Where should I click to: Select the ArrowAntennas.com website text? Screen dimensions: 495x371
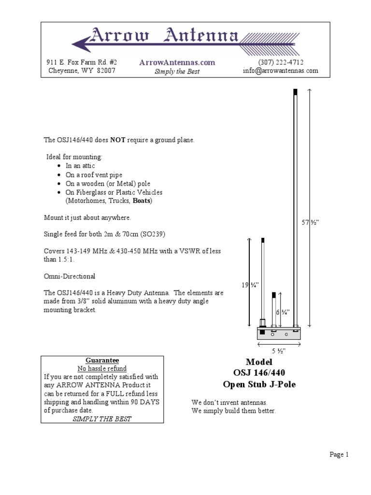pos(177,62)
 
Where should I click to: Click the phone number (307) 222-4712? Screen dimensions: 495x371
pos(281,62)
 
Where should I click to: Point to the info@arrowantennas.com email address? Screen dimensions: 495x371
pos(280,71)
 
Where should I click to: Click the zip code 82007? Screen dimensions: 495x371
pos(106,71)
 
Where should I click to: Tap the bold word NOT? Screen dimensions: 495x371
pos(118,140)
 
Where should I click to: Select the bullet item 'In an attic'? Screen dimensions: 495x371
pos(81,166)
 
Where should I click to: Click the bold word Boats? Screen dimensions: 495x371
pos(142,201)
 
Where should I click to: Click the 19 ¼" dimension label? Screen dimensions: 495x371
pos(249,285)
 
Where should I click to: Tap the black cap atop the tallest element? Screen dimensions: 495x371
pos(295,92)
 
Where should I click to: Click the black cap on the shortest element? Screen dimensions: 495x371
pos(274,294)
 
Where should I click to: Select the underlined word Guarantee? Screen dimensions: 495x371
pos(102,360)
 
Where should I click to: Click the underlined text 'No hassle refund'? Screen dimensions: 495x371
pos(102,368)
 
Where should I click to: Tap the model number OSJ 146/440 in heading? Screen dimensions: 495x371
pos(259,373)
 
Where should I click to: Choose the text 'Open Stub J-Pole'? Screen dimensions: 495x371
pos(259,384)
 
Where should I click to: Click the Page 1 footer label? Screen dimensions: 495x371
pos(339,454)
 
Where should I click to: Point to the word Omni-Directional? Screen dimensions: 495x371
pos(70,277)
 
